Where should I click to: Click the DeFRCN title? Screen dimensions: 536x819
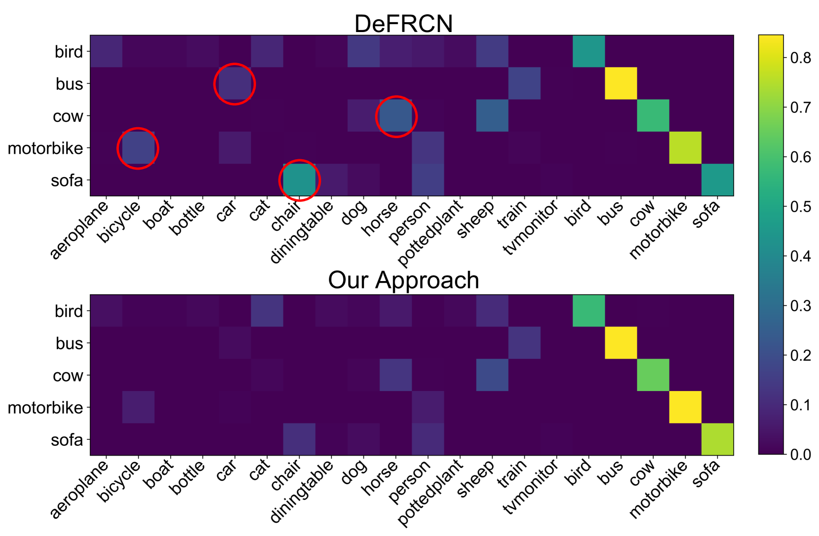click(403, 24)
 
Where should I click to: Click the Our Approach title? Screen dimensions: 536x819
click(403, 280)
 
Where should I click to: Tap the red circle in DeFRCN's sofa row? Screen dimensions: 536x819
click(299, 180)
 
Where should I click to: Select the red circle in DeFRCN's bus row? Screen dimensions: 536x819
click(235, 84)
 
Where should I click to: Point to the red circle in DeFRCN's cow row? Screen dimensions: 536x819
click(396, 116)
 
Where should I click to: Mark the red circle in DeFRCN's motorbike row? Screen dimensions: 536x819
click(138, 148)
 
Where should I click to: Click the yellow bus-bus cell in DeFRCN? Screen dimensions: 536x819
click(621, 83)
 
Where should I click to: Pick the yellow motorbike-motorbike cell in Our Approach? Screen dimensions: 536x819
click(685, 407)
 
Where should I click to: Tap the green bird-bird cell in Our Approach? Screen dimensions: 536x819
click(589, 311)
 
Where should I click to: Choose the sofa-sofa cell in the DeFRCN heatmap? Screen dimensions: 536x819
click(717, 180)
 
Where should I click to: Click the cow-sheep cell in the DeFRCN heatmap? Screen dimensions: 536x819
click(492, 116)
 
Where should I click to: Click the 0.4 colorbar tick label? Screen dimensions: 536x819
click(800, 256)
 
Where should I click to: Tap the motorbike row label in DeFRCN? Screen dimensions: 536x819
click(45, 148)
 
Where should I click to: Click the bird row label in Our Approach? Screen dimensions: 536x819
click(69, 311)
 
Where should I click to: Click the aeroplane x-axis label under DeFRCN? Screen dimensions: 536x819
click(79, 230)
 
